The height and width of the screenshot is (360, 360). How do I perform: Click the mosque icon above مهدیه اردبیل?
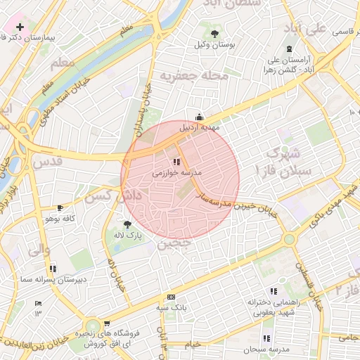pos(200,117)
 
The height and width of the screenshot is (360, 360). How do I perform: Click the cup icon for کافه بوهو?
pos(60,208)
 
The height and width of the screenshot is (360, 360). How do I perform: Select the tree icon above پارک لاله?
pos(127,224)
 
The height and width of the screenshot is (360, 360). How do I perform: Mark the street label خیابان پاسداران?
pos(143,109)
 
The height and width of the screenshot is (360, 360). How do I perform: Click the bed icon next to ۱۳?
pos(38,304)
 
